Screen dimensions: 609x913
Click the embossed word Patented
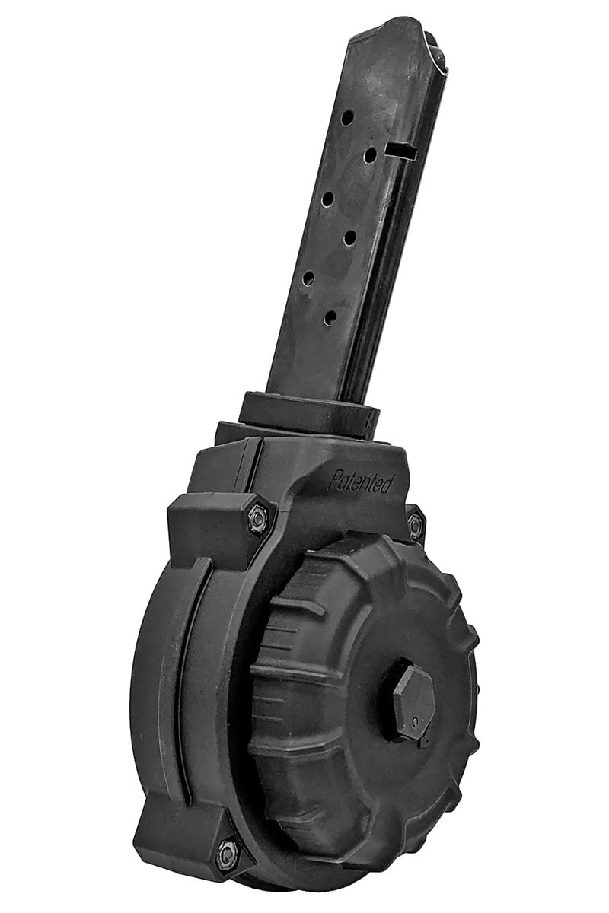click(361, 482)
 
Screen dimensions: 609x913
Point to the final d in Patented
click(387, 485)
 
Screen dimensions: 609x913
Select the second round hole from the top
click(371, 155)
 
